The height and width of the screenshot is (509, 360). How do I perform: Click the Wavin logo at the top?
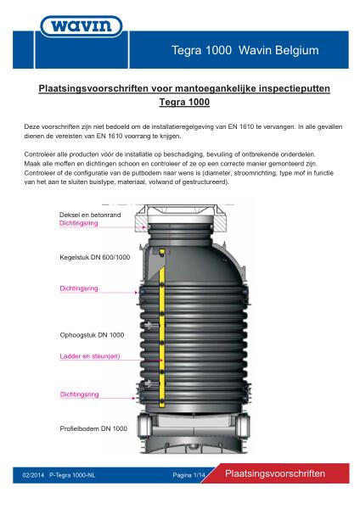[82, 26]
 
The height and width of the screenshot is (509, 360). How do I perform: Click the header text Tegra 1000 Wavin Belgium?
[245, 50]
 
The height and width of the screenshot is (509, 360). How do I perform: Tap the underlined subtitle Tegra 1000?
[184, 102]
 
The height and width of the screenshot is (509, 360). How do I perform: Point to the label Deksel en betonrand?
[90, 215]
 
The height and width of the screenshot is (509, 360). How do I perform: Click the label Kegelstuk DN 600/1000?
[94, 257]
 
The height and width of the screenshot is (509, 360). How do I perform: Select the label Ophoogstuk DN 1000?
[92, 335]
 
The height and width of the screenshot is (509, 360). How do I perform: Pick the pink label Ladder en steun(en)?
[90, 356]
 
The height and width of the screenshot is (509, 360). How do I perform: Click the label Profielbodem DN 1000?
[93, 428]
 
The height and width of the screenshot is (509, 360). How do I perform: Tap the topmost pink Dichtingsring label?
[79, 223]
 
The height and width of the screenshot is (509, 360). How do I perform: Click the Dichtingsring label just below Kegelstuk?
[79, 288]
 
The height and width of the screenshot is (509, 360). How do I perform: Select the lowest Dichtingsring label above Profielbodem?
[79, 394]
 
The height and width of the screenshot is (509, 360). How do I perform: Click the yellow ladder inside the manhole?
[162, 327]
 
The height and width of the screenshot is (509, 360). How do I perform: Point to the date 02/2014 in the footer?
[33, 475]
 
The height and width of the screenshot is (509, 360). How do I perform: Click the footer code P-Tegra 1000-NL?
[72, 475]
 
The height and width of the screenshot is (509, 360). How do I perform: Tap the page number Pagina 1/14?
[188, 475]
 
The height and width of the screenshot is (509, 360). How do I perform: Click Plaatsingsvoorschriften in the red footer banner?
[275, 473]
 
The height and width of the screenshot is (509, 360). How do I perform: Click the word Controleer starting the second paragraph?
[40, 154]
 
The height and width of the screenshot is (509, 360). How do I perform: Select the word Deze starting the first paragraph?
[31, 127]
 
